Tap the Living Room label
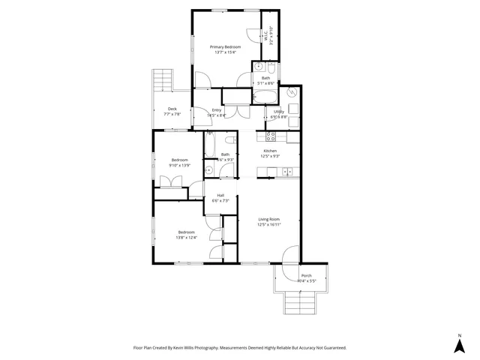click(268, 219)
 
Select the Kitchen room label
click(269, 151)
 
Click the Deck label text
click(172, 109)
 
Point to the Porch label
click(306, 276)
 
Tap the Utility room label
click(278, 112)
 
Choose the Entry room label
click(217, 111)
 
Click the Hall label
click(220, 196)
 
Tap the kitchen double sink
click(286, 172)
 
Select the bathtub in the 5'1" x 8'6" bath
click(265, 94)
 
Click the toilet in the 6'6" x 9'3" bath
click(210, 170)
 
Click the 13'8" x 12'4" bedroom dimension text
click(186, 238)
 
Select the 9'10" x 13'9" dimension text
click(181, 165)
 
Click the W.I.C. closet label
click(271, 35)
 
